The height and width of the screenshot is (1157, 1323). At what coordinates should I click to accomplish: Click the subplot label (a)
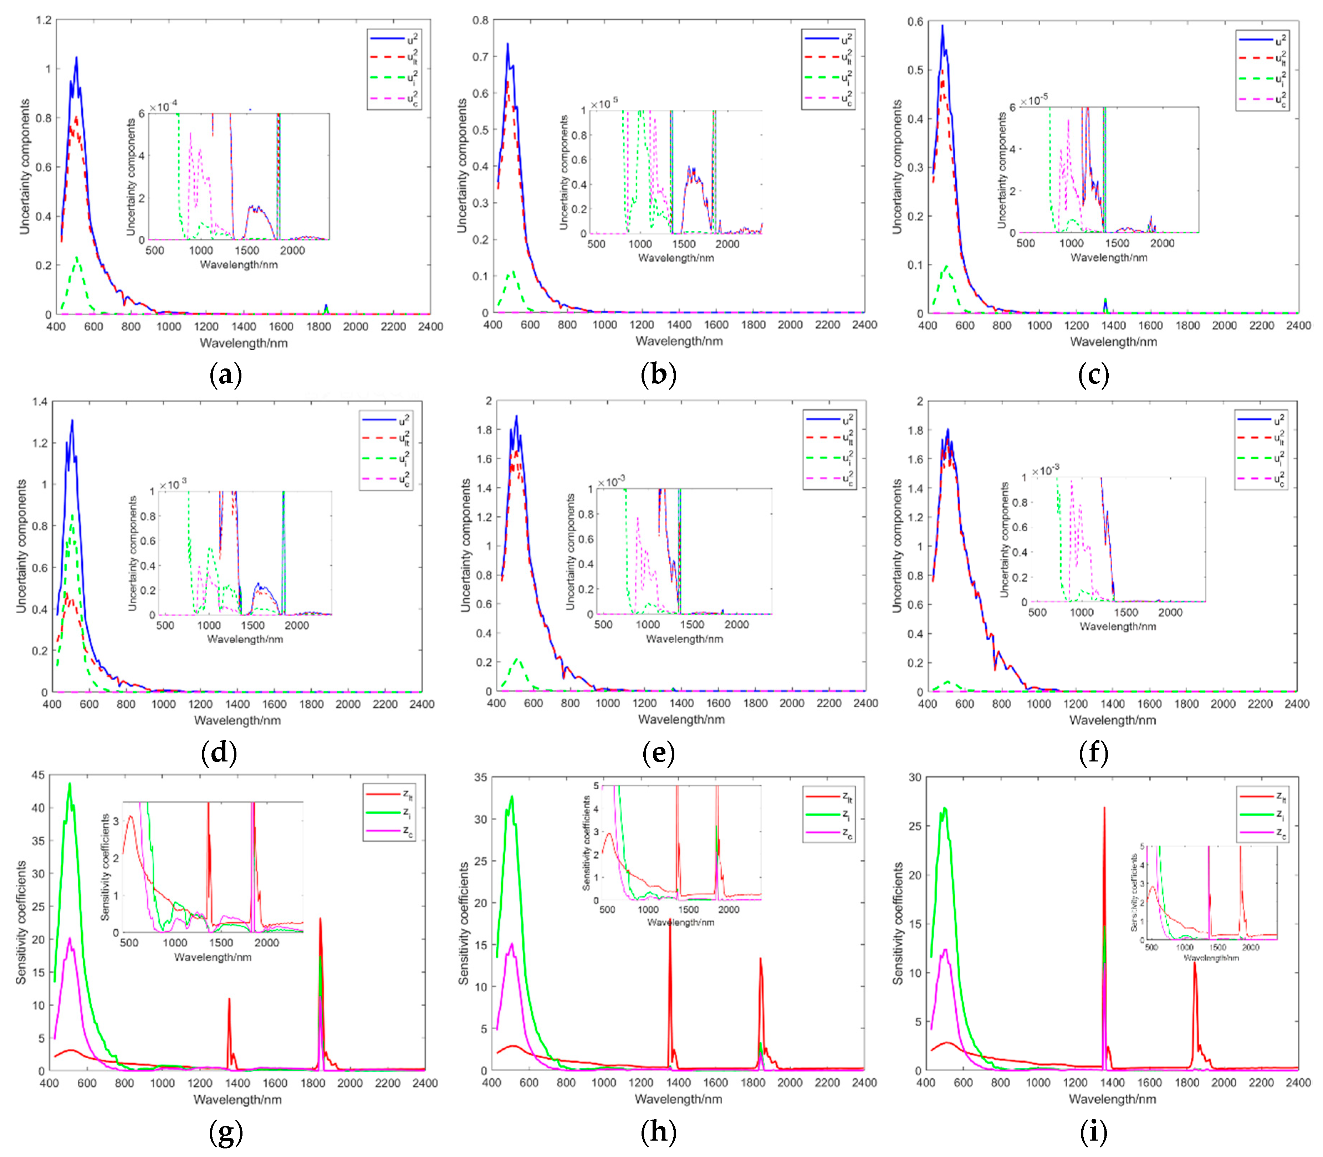[x=225, y=375]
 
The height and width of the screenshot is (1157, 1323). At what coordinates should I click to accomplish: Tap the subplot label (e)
[x=659, y=754]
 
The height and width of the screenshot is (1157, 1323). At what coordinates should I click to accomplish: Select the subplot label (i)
[x=1093, y=1132]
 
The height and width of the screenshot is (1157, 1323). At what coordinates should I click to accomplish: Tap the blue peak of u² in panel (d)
[x=72, y=421]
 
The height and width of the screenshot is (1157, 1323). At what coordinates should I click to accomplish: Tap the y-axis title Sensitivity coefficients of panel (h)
[x=463, y=923]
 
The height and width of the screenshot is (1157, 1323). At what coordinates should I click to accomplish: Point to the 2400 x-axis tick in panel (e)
[x=865, y=703]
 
